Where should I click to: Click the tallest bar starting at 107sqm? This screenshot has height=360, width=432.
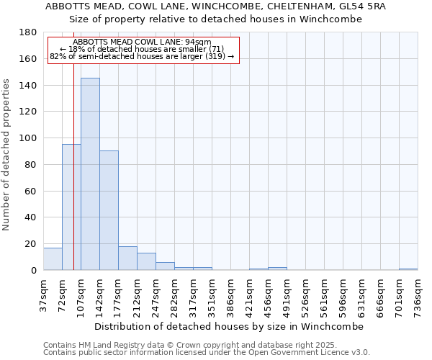90,174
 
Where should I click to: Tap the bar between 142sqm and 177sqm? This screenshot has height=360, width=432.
109,210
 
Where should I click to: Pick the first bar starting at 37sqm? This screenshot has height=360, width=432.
53,258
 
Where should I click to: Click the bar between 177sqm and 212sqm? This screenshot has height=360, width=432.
127,258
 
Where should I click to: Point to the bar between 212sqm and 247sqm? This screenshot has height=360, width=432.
146,261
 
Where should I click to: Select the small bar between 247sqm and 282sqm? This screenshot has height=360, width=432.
165,266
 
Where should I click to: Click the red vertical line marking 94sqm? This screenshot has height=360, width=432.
73,180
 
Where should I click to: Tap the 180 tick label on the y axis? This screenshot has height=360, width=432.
29,32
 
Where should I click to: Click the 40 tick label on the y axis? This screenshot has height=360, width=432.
31,217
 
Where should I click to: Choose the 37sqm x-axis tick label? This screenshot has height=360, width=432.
44,294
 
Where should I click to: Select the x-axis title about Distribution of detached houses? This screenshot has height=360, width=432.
229,326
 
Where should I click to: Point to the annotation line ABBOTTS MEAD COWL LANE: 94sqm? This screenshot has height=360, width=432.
143,42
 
